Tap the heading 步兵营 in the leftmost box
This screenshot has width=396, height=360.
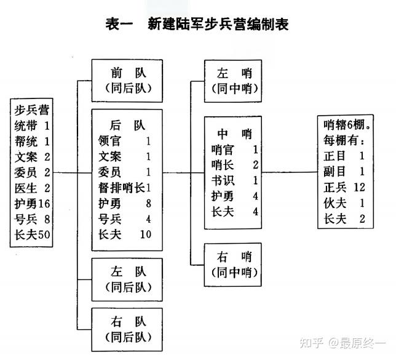32,111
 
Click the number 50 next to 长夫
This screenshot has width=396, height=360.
44,234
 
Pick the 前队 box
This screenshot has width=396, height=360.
127,79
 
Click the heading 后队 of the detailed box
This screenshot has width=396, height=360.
127,125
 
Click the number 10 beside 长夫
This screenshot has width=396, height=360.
145,234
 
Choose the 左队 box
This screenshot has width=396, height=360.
127,278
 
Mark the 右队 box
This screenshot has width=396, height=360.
127,328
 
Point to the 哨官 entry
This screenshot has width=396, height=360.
223,150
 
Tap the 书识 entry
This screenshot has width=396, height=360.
223,180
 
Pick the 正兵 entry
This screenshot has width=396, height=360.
336,186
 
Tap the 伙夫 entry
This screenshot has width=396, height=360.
336,202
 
